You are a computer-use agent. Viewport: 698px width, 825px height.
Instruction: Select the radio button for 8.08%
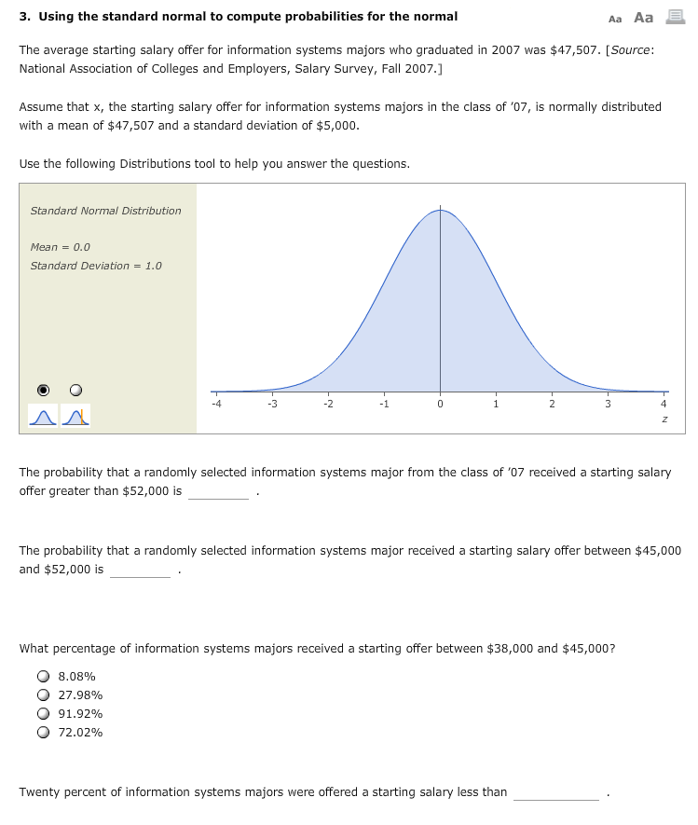tap(43, 677)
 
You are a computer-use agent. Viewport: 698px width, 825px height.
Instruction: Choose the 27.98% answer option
tap(43, 695)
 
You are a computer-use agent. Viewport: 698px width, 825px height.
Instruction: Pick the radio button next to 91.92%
tap(43, 714)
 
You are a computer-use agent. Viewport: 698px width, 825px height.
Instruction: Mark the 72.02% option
tap(43, 733)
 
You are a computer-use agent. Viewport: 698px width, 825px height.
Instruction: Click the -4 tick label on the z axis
tap(216, 404)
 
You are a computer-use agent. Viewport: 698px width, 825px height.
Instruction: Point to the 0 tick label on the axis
tap(440, 404)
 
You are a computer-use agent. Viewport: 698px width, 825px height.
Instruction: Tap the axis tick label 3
tap(608, 404)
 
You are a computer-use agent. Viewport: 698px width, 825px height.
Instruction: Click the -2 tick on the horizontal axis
tap(327, 404)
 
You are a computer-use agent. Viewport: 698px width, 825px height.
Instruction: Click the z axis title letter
tap(664, 420)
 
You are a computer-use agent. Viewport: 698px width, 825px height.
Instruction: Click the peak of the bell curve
tap(440, 210)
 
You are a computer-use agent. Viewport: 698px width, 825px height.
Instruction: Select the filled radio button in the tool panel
tap(43, 390)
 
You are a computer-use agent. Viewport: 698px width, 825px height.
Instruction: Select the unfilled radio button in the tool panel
tap(76, 390)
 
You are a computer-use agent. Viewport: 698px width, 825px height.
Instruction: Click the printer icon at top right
tap(676, 17)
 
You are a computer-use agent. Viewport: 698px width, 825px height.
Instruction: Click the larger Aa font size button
tap(643, 17)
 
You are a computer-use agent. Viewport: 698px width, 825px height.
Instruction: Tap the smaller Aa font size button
tap(615, 18)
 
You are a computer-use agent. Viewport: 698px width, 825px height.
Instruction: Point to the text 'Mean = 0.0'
tap(61, 247)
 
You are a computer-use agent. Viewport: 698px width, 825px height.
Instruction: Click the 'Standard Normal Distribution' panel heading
tap(105, 211)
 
